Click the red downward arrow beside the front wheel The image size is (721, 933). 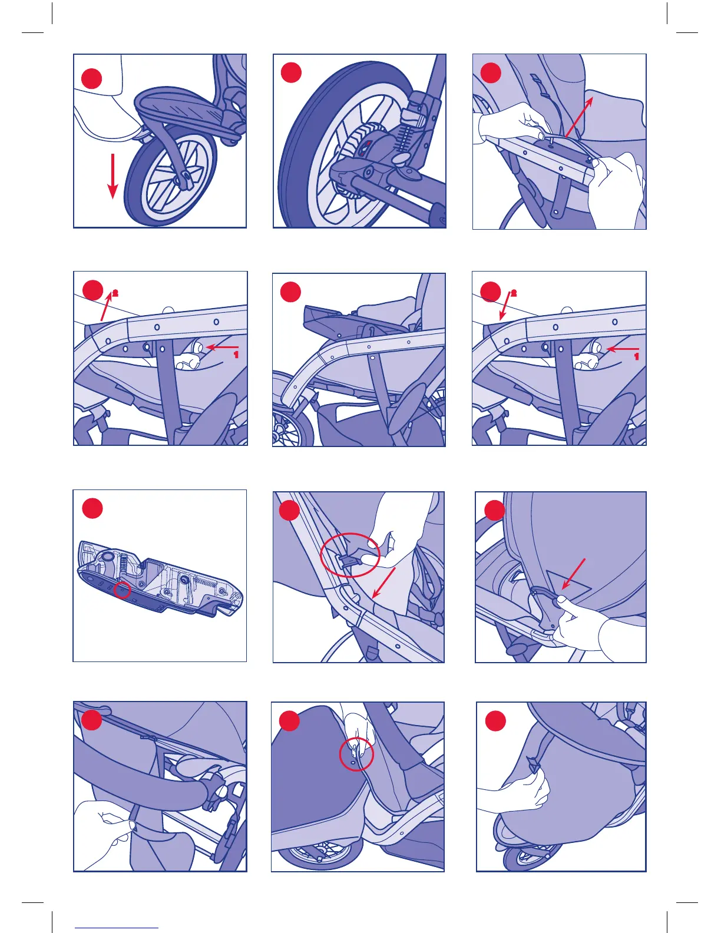113,176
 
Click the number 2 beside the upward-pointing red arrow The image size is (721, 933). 115,294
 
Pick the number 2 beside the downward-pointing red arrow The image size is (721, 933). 514,294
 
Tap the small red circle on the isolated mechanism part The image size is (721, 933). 123,590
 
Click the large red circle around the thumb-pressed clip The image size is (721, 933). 350,555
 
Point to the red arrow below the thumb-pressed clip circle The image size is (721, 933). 383,583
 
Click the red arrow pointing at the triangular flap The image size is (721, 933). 573,574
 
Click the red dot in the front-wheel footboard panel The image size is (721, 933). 91,78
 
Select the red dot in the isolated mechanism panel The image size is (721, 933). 92,508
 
